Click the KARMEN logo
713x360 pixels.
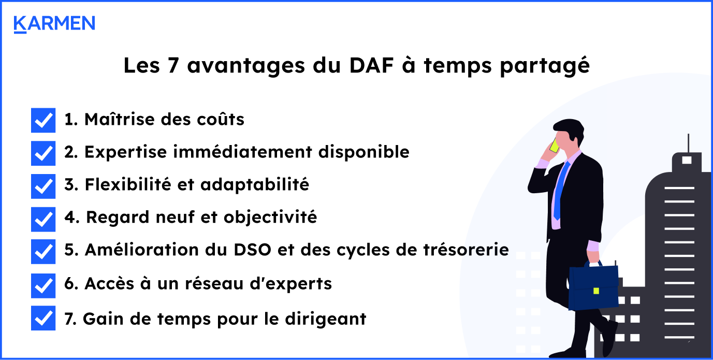click(x=54, y=24)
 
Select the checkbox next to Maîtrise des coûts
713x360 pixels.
click(x=43, y=120)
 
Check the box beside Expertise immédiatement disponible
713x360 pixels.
click(x=43, y=153)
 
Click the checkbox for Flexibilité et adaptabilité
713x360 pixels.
click(x=43, y=186)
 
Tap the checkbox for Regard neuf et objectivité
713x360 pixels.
click(x=43, y=219)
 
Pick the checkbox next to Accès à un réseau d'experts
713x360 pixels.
click(x=43, y=285)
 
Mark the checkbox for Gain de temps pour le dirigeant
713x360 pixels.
click(x=43, y=318)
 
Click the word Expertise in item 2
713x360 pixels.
click(x=119, y=152)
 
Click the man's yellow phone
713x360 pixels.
click(x=555, y=146)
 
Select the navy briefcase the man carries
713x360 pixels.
click(x=593, y=287)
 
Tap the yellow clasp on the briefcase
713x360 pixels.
click(x=596, y=291)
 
